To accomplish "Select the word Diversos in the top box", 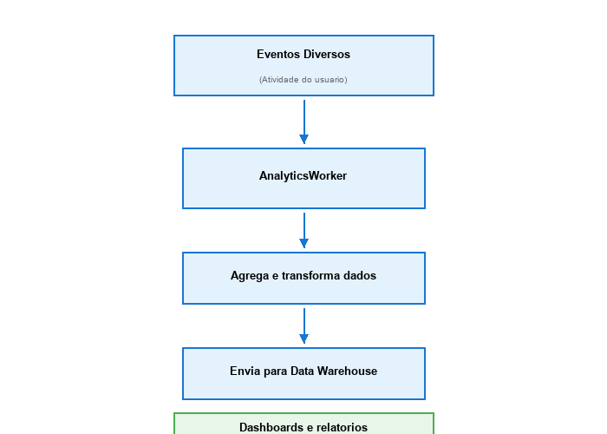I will tap(326, 54).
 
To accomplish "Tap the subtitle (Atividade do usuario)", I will tap(303, 80).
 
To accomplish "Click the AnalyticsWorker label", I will tap(303, 176).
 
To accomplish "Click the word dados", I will tap(360, 276).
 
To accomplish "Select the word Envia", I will tap(245, 372).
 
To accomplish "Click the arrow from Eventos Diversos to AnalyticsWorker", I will tap(303, 117).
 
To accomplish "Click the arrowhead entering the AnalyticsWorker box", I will tap(303, 139).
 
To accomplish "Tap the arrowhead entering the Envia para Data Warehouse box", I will tap(303, 339).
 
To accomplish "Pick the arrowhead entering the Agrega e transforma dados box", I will tap(303, 243).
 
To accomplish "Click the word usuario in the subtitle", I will tap(330, 80).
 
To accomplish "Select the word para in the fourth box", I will tap(274, 372).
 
